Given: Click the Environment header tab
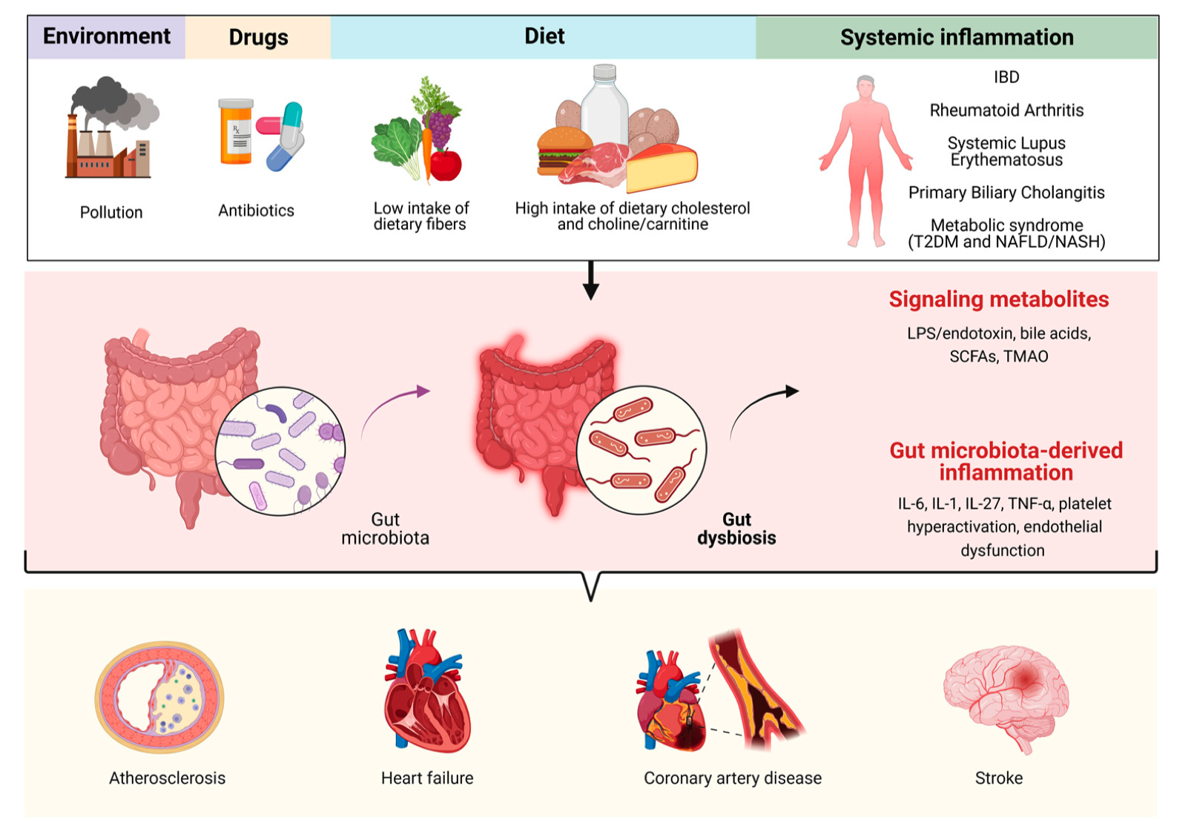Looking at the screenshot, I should coord(106,36).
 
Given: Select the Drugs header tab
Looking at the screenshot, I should coord(257,37).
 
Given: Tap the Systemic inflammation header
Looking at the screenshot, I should coord(956,37).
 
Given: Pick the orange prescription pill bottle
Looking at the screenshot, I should coord(237,132).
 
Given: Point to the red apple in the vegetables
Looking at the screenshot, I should coord(446,165).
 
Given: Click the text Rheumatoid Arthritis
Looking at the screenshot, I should coord(1006,110).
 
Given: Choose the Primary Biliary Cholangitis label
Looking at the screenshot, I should coord(1006,193).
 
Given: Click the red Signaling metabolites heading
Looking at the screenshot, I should coord(998,300).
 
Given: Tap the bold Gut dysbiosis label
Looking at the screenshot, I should coord(736,529).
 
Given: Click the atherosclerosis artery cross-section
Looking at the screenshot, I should coord(159,698).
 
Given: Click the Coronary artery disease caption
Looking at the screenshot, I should coord(732,779).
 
